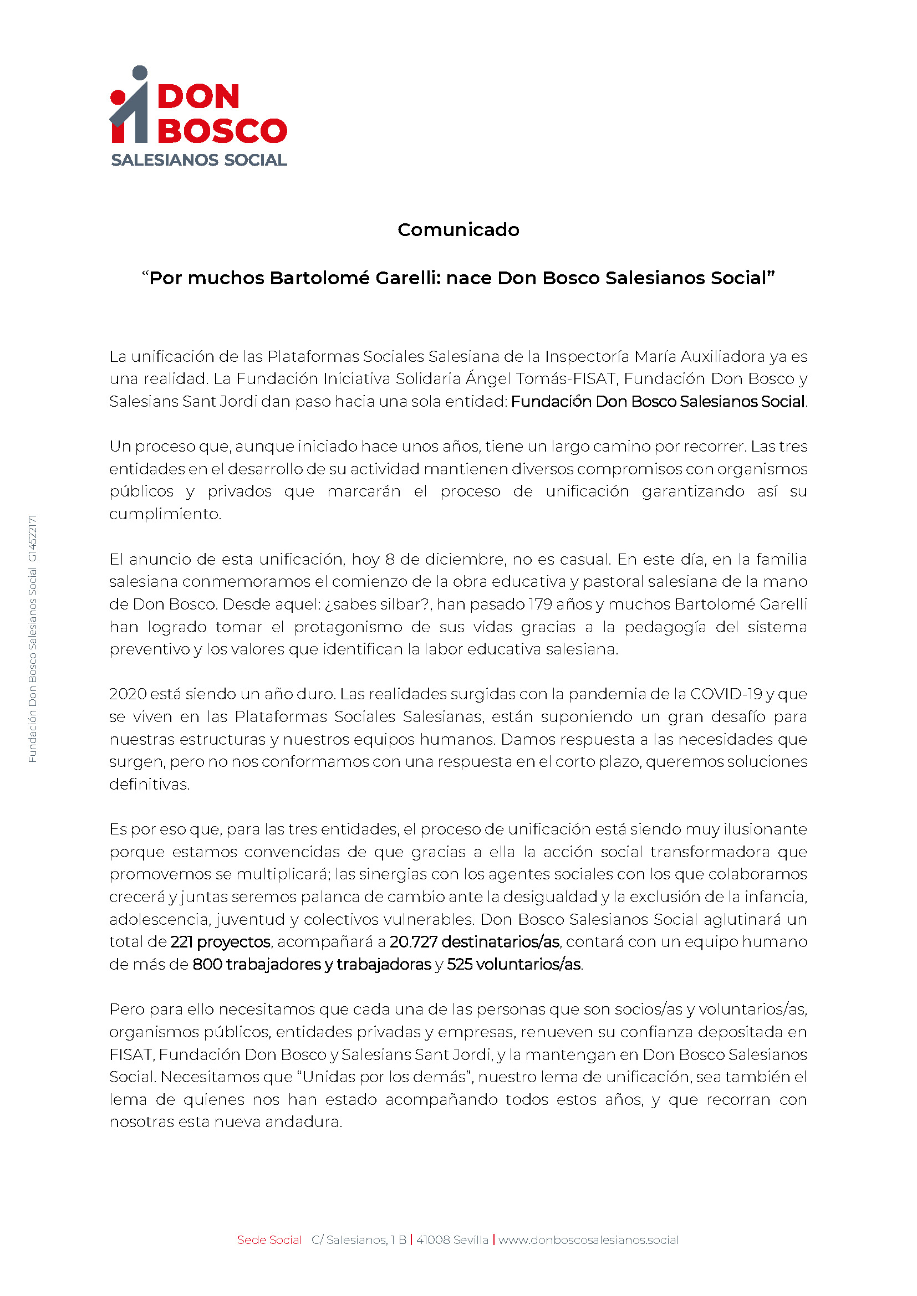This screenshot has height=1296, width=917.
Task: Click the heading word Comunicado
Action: (x=458, y=230)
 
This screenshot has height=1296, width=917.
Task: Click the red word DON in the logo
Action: (x=198, y=96)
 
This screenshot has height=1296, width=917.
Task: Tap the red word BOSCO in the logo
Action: (x=222, y=131)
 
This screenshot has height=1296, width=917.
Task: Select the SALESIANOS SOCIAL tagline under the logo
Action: (x=199, y=160)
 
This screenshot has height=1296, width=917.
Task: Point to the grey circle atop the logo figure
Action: (x=140, y=73)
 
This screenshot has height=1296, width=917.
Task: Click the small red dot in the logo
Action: (x=118, y=97)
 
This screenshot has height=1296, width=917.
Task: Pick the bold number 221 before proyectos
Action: (x=182, y=942)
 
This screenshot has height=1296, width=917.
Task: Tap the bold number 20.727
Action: (x=414, y=942)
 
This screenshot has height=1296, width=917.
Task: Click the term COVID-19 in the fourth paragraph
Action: (x=726, y=694)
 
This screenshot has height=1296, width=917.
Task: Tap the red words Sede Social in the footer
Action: (x=269, y=1240)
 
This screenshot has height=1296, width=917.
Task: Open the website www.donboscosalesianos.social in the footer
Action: (x=588, y=1240)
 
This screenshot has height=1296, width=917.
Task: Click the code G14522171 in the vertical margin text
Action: (x=33, y=539)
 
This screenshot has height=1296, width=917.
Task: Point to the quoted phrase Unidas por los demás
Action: (x=388, y=1077)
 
